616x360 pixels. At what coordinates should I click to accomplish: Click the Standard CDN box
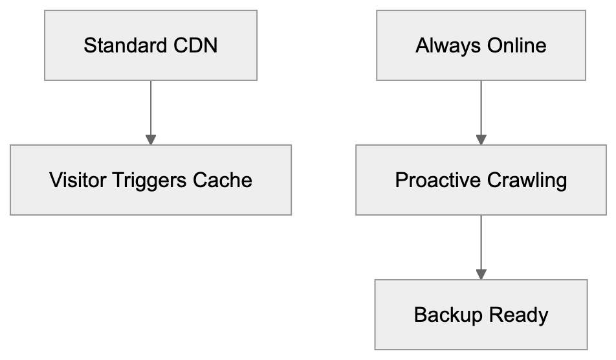click(150, 45)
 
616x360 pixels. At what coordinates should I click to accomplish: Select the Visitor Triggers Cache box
click(150, 179)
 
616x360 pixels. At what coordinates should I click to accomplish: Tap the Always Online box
click(481, 45)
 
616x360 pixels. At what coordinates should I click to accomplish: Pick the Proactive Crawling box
click(481, 179)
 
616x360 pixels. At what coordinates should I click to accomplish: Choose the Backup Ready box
click(481, 315)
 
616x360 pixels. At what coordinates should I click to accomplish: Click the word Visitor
click(78, 180)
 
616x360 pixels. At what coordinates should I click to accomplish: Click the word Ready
click(518, 315)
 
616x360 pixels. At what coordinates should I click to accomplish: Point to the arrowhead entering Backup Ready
click(481, 275)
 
